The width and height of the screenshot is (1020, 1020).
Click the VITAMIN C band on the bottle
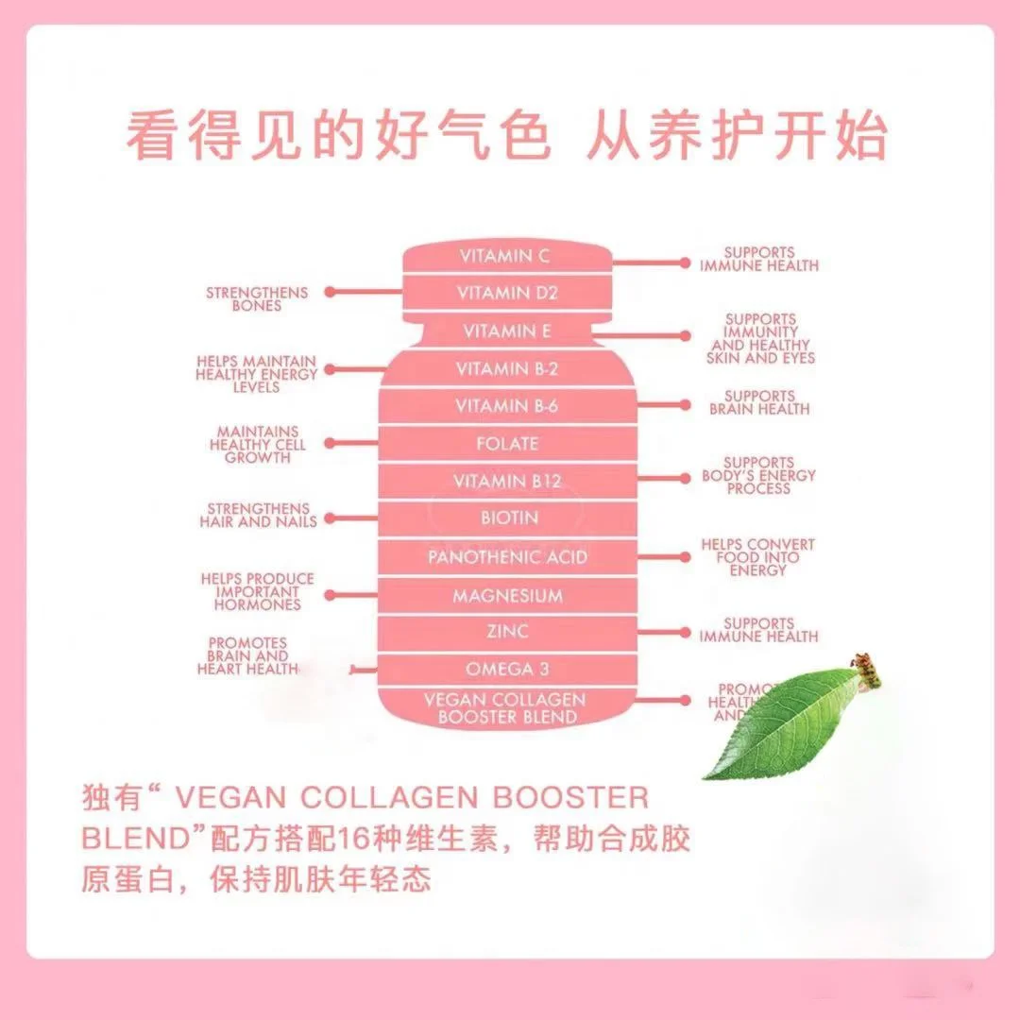504,256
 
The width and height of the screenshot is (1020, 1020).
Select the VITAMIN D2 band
507,293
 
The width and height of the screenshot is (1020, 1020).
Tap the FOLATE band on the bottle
507,443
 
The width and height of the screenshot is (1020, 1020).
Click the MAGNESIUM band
507,596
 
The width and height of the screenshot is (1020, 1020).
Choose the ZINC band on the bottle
507,631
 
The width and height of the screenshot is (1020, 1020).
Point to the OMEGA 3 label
507,669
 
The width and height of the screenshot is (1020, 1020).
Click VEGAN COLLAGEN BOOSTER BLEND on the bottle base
504,708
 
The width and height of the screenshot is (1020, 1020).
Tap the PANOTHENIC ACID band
507,557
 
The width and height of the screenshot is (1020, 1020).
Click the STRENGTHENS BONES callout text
244,299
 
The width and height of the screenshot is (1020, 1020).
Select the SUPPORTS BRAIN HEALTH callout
759,402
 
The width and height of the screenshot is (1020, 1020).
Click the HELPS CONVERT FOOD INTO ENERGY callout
757,557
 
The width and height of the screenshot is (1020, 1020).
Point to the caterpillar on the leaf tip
867,669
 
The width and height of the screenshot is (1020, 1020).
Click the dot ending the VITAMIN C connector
685,263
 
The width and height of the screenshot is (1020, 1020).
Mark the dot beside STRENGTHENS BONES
330,293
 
